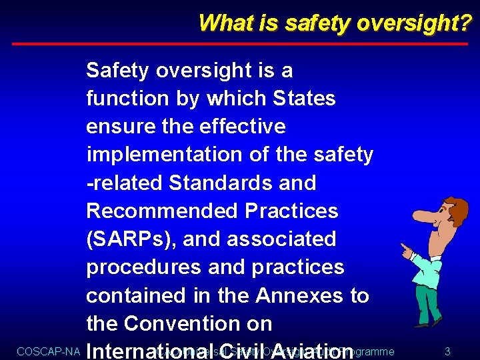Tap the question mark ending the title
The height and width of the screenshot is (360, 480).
tap(465, 23)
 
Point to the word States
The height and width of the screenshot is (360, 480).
tap(305, 99)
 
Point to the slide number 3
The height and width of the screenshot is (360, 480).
tap(447, 351)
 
